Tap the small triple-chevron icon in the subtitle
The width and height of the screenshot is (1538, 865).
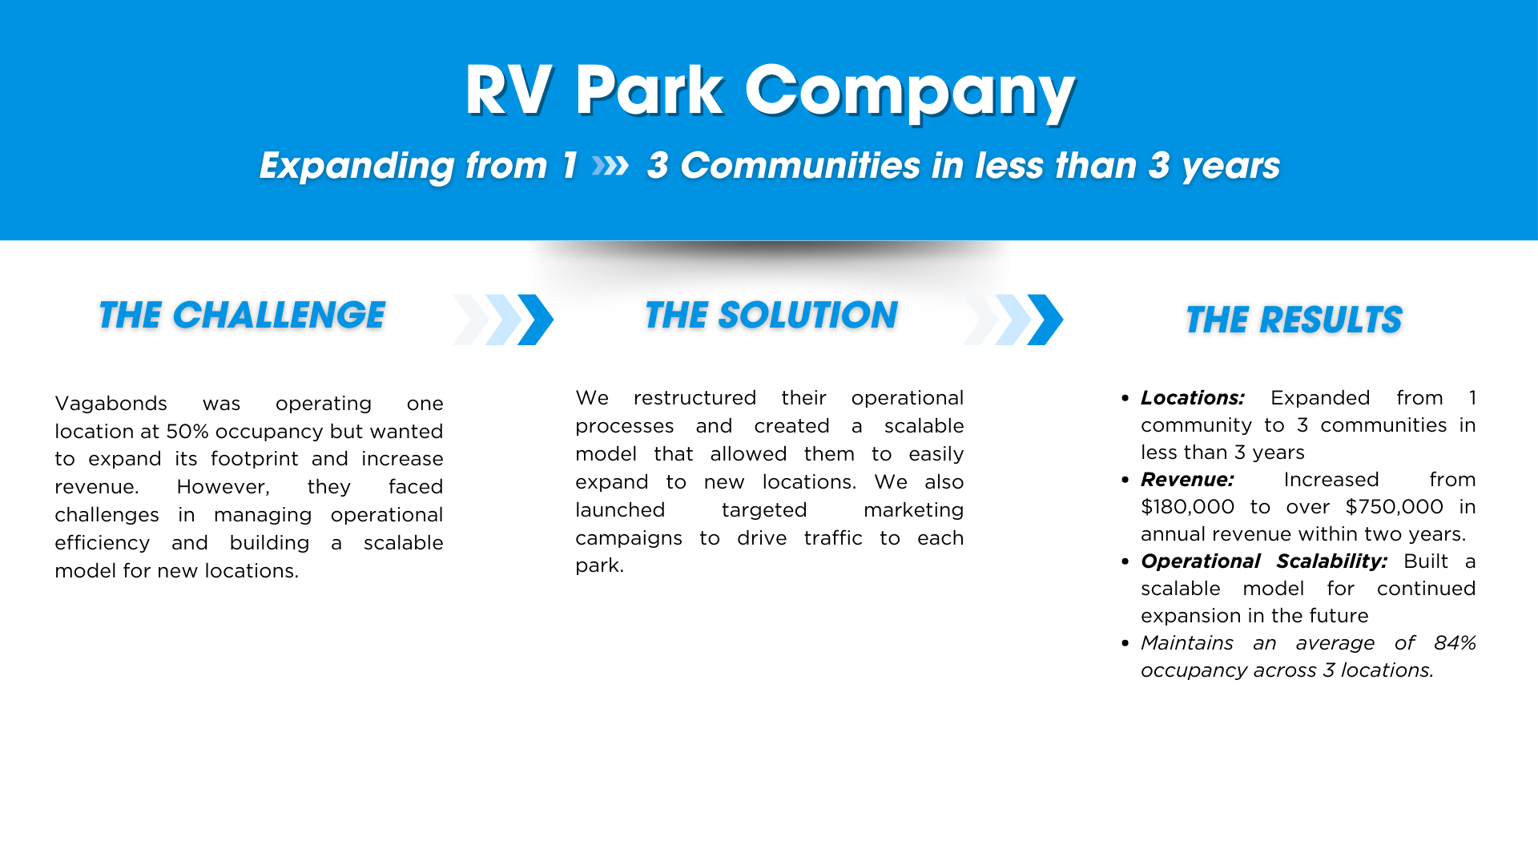610,166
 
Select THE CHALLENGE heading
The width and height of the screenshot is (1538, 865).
242,315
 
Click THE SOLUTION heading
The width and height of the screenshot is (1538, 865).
771,315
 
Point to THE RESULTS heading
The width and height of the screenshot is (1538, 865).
1294,320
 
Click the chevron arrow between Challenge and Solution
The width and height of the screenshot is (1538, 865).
504,320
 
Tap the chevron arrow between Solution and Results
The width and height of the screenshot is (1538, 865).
1013,320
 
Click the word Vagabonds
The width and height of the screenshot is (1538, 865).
111,403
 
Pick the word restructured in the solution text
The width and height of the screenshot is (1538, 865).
695,397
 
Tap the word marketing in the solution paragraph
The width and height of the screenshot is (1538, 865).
914,509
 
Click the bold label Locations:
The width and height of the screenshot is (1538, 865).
1193,397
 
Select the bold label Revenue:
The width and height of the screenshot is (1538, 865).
1187,479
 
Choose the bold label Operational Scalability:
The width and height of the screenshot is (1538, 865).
1264,561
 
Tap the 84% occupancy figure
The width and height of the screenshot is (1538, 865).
1455,642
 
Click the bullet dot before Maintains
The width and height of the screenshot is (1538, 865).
1125,643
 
